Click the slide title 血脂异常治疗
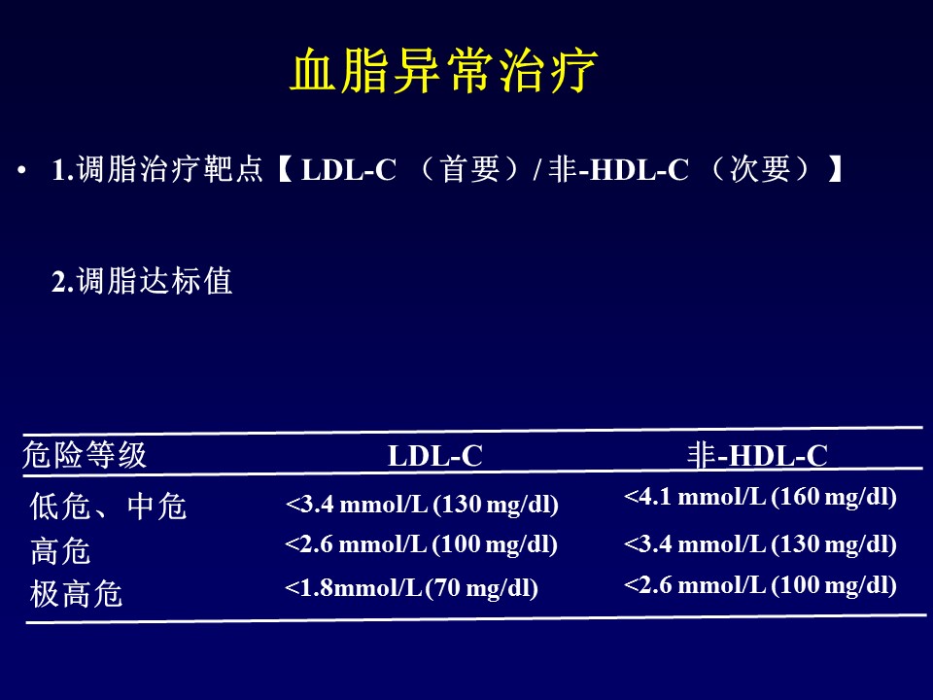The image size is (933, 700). [x=443, y=72]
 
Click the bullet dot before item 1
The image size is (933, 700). [x=21, y=172]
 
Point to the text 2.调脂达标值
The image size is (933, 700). [x=142, y=282]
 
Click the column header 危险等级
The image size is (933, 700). [x=85, y=454]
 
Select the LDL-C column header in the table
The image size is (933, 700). [x=435, y=456]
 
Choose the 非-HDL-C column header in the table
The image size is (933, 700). [x=757, y=455]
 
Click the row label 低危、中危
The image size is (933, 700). [x=108, y=507]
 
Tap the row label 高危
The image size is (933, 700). [x=60, y=551]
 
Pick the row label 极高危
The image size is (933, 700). [x=77, y=593]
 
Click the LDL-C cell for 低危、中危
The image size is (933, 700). [x=422, y=506]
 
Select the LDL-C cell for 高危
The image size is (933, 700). [x=421, y=544]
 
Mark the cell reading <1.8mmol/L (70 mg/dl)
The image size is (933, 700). [x=411, y=588]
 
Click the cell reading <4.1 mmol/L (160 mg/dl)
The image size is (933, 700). [x=759, y=497]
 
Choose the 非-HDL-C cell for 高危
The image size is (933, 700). [x=759, y=544]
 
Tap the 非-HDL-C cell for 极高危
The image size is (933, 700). [x=759, y=584]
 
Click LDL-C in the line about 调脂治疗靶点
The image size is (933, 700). [x=349, y=172]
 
